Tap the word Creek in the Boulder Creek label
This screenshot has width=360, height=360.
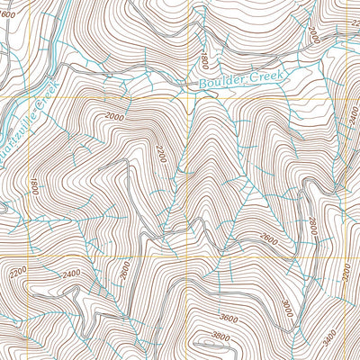point(267,76)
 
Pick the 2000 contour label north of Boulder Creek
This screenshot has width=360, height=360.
point(312,34)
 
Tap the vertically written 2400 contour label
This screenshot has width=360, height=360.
point(351,115)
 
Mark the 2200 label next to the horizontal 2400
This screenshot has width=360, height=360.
point(18,271)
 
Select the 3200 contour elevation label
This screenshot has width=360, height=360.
point(347,268)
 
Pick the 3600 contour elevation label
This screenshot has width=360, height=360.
point(229,317)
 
